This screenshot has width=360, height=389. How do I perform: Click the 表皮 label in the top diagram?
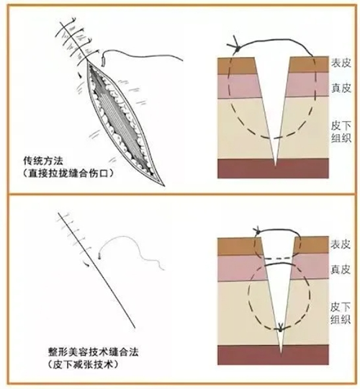(341, 63)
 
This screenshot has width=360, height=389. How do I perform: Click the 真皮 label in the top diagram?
(341, 88)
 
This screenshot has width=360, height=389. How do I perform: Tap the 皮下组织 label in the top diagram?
(341, 133)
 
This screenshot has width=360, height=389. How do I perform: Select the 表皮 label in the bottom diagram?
(341, 244)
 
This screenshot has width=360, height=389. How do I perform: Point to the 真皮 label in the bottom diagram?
(341, 269)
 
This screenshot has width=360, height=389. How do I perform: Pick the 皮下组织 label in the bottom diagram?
(341, 313)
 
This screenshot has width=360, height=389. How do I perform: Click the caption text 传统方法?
(43, 161)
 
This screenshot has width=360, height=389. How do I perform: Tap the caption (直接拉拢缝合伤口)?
(68, 174)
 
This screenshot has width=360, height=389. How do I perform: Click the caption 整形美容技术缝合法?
(93, 352)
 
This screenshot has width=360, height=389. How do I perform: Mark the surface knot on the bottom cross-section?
(257, 232)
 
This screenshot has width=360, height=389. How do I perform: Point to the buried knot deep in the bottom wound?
(281, 328)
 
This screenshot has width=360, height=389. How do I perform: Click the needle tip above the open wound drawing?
(104, 61)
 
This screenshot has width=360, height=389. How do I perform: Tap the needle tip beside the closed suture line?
(99, 256)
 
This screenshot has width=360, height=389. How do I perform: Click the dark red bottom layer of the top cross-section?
(273, 169)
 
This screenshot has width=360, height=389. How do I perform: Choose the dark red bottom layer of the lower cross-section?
(273, 354)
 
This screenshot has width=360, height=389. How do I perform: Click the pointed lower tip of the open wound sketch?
(163, 186)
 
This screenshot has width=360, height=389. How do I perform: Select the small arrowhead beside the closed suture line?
(87, 265)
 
